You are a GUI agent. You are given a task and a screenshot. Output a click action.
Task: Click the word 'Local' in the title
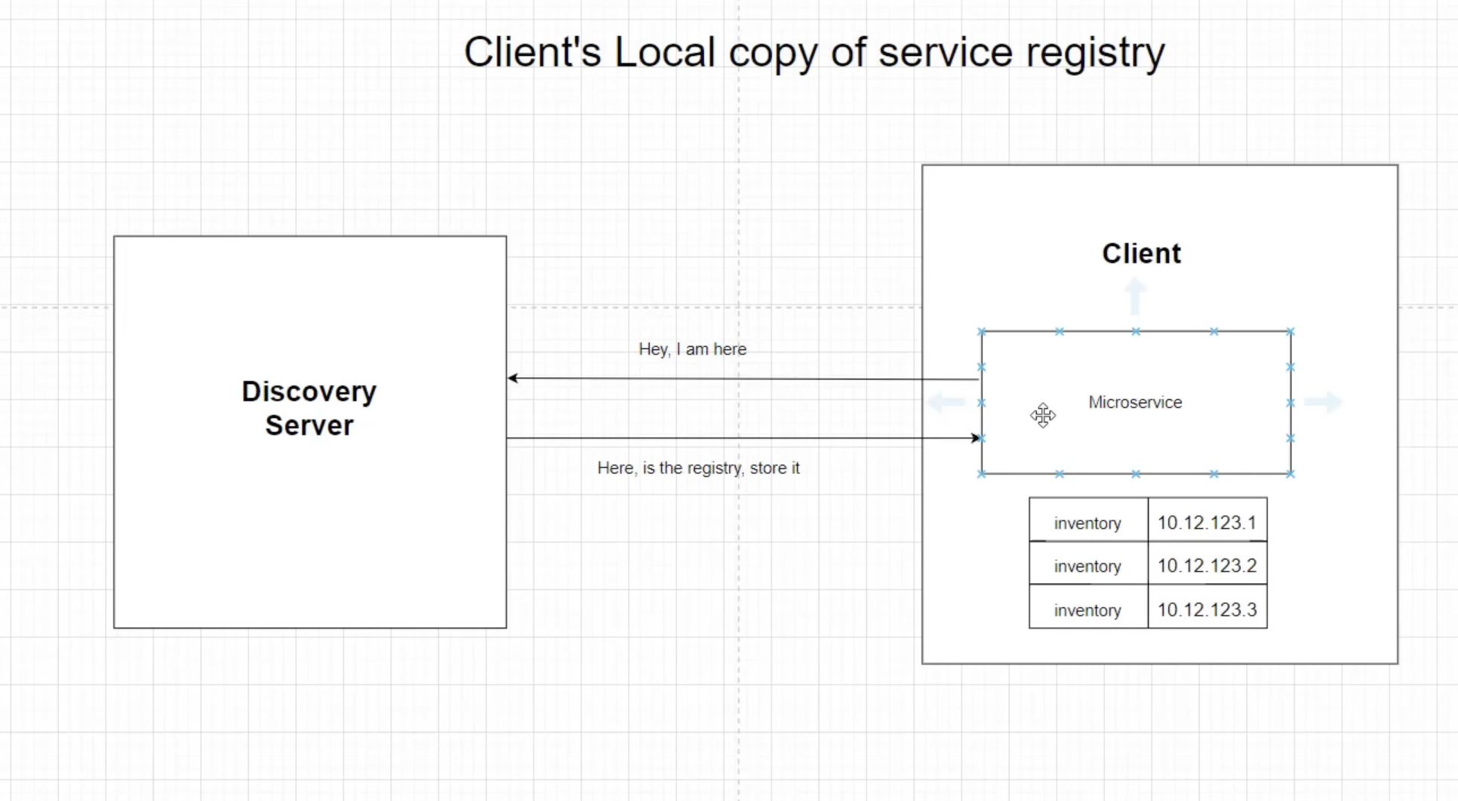pos(664,53)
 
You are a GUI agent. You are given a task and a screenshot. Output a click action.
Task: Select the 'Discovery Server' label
pos(309,408)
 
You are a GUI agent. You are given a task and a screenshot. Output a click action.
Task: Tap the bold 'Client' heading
pos(1141,253)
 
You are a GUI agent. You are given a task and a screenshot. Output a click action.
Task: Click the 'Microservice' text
pos(1135,402)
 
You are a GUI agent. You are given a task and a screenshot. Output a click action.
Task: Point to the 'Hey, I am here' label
pos(692,349)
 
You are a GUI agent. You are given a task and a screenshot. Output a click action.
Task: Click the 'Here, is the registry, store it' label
pos(698,468)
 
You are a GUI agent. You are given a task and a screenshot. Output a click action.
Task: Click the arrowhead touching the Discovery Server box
pos(513,378)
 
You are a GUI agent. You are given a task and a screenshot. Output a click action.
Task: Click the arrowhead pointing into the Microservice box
pos(975,437)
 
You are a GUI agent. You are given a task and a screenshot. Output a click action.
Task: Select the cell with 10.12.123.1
pos(1207,522)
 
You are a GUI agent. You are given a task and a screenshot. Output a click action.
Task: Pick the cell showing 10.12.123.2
pos(1207,566)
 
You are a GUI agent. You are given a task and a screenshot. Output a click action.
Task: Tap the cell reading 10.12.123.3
pos(1207,609)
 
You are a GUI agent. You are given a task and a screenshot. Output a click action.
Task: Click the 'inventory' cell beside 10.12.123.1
pos(1087,523)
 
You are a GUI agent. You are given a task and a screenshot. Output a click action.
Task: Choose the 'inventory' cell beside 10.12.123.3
pos(1087,609)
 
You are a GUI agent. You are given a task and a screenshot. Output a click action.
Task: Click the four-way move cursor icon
pos(1043,415)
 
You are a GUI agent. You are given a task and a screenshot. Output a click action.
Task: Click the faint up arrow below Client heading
pos(1135,296)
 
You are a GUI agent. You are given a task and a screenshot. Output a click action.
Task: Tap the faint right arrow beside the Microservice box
pos(1323,402)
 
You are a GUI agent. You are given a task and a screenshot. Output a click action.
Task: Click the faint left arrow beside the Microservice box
pos(946,402)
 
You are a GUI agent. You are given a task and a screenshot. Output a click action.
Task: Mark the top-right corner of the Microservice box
pos(1290,331)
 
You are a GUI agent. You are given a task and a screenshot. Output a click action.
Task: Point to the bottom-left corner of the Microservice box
pos(982,474)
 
